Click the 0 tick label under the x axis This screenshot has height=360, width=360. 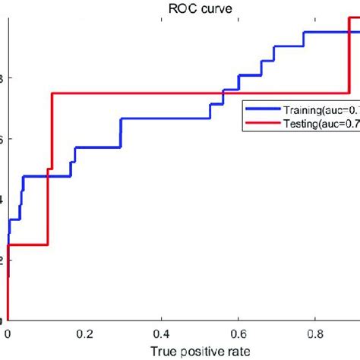pyautogui.click(x=8, y=333)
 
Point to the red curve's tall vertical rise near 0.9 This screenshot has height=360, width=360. pyautogui.click(x=348, y=61)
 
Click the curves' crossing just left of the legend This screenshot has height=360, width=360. pyautogui.click(x=223, y=93)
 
